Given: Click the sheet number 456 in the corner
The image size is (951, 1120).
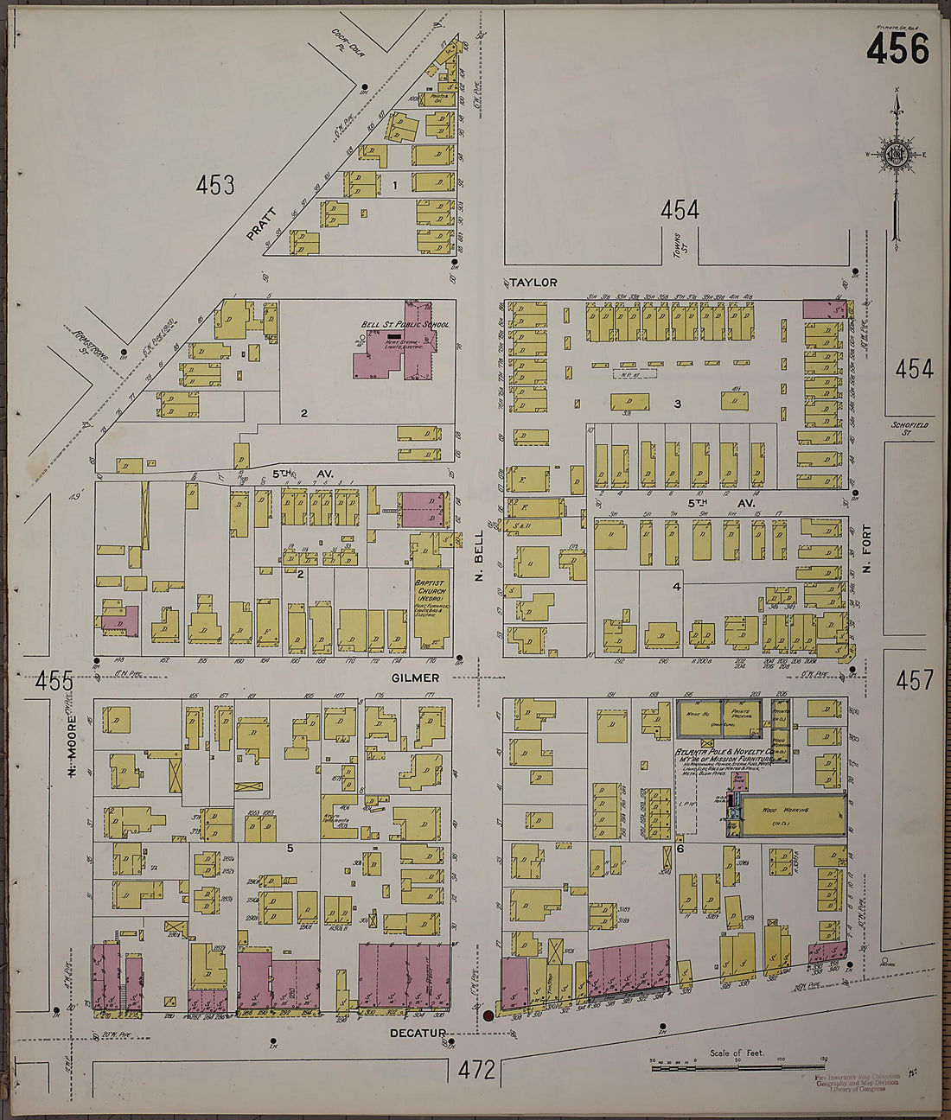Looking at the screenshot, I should [897, 50].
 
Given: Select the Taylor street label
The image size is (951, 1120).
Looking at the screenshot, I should [533, 283].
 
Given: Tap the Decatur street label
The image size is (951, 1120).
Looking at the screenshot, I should [417, 1033].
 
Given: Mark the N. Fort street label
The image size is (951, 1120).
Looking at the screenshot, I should [867, 554].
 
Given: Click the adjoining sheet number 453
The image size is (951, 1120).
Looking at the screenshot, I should [214, 185].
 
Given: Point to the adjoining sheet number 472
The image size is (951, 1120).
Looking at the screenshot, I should [476, 1070].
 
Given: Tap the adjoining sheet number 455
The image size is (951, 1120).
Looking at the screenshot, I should [54, 682].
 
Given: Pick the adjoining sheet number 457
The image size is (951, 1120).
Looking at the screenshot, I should [914, 680].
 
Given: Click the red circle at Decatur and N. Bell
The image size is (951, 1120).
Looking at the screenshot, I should [488, 1015].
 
